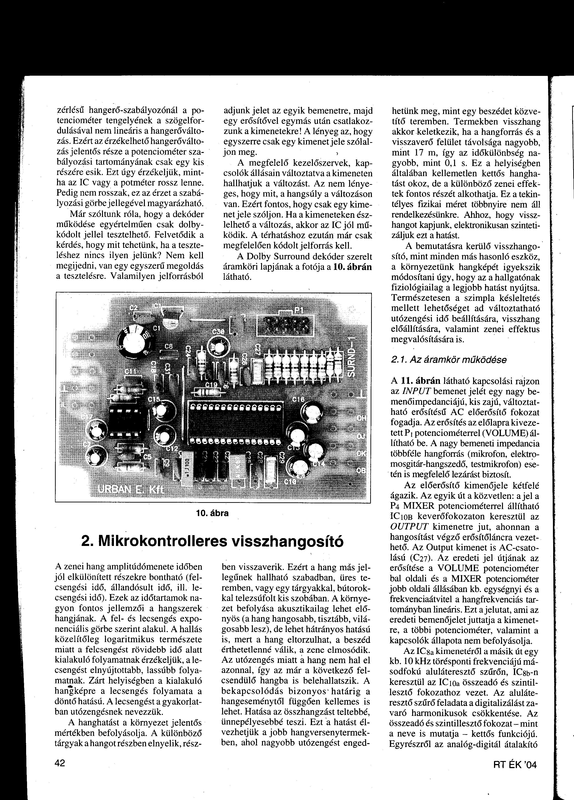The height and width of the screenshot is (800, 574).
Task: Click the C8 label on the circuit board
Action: pyautogui.click(x=168, y=347)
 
